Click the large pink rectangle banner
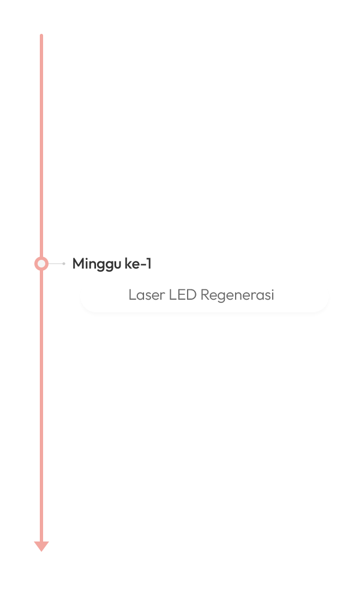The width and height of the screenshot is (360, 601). [182, 134]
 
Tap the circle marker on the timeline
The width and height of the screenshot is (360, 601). [41, 264]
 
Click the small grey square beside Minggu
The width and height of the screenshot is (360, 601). [64, 264]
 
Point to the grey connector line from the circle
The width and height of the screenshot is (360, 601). [55, 264]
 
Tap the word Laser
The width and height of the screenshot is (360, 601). [146, 295]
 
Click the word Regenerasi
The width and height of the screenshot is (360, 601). [237, 295]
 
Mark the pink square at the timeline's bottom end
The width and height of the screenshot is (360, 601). [41, 546]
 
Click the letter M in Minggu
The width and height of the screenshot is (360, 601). [79, 264]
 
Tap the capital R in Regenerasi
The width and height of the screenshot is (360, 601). [205, 295]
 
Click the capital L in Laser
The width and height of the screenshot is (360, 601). [131, 295]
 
